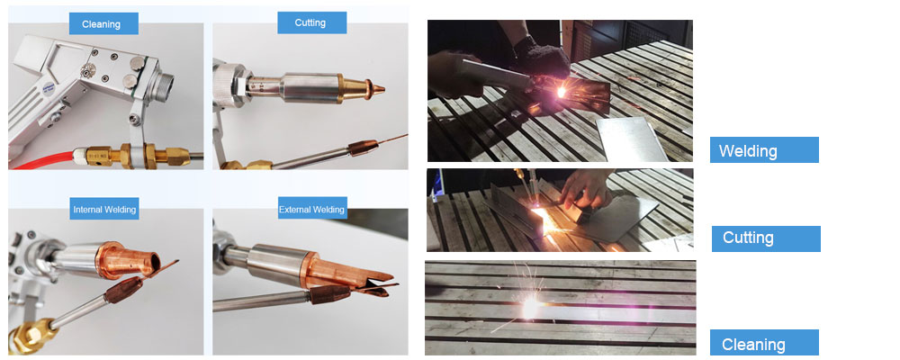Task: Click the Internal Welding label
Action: point(104,209)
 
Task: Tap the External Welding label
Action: point(311,209)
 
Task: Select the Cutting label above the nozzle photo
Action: point(311,23)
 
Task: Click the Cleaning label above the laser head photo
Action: point(103,24)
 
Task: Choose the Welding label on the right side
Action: point(764,150)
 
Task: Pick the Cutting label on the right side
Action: point(766,238)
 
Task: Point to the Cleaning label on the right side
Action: point(764,343)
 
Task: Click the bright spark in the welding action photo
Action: point(561,91)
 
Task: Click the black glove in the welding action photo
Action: point(539,57)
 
